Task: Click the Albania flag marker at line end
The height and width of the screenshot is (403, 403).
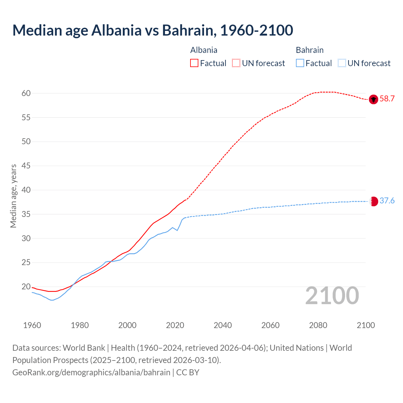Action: (373, 99)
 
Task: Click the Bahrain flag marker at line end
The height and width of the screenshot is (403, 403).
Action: (373, 201)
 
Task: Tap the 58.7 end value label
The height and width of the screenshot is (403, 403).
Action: (387, 99)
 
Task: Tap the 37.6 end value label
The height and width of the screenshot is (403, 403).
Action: (387, 201)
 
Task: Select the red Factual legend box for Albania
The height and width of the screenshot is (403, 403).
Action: (194, 63)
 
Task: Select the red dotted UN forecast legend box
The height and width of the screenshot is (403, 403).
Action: (236, 63)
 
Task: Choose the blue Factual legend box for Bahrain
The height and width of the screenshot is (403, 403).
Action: (300, 63)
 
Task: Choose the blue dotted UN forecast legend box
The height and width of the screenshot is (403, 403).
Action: (342, 63)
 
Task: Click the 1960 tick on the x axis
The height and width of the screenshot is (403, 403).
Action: (32, 325)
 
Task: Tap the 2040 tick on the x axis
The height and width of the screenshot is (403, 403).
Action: (223, 325)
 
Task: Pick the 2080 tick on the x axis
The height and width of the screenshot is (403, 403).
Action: (318, 325)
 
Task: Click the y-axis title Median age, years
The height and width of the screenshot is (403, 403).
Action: (13, 196)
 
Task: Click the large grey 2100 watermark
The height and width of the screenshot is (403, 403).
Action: (332, 296)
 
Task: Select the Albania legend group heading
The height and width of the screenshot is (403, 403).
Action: (204, 50)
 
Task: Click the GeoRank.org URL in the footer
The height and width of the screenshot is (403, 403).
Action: (91, 372)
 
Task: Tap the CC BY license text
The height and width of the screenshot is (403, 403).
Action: (188, 372)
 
